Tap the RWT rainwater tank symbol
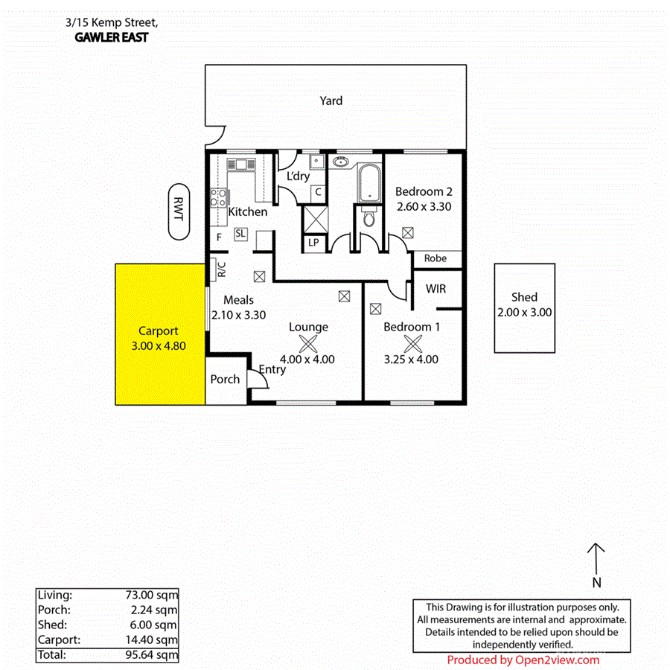(x=179, y=211)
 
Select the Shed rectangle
(x=524, y=307)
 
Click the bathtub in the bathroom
(x=369, y=184)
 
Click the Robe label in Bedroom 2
(x=435, y=258)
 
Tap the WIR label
(x=435, y=287)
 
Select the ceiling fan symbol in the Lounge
(x=308, y=343)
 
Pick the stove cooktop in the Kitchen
(x=219, y=197)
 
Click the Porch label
(x=225, y=379)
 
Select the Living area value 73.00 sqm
(x=152, y=595)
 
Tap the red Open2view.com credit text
(x=523, y=660)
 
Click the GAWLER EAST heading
(x=112, y=37)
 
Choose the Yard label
(x=331, y=100)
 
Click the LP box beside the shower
(x=313, y=243)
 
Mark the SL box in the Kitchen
(x=240, y=234)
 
